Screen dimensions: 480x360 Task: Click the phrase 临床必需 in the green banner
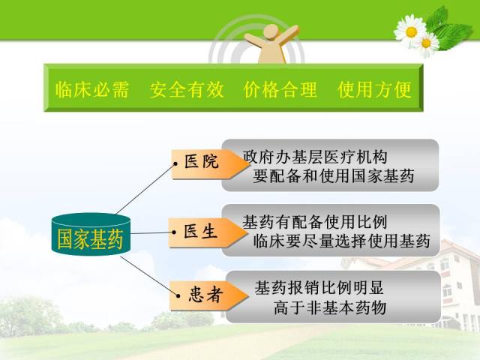[x=91, y=90]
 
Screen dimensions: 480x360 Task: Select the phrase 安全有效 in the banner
[x=187, y=90]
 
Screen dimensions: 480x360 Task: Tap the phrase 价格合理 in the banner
[x=280, y=90]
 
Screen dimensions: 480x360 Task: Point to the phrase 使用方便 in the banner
[x=374, y=90]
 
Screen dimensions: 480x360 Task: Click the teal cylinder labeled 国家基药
[x=91, y=234]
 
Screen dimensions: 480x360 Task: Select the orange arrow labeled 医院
[x=210, y=164]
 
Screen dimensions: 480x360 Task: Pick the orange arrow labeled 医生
[x=208, y=232]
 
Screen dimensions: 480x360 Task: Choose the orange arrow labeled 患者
[x=209, y=295]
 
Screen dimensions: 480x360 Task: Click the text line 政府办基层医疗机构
[x=315, y=157]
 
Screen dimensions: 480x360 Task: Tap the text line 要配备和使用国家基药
[x=334, y=176]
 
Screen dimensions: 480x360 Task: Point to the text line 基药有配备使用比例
[x=315, y=222]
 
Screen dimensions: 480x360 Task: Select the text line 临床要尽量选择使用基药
[x=342, y=241]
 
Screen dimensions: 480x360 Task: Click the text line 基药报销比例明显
[x=319, y=288]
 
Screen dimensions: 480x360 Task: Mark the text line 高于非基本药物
[x=330, y=307]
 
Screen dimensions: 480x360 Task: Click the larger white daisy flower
[x=410, y=31]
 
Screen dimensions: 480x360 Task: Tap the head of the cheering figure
[x=271, y=31]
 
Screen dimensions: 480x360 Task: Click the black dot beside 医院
[x=175, y=164]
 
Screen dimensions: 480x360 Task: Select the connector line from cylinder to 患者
[x=149, y=277]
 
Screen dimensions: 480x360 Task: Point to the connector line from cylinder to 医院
[x=145, y=189]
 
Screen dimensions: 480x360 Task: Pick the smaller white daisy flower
[x=426, y=43]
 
